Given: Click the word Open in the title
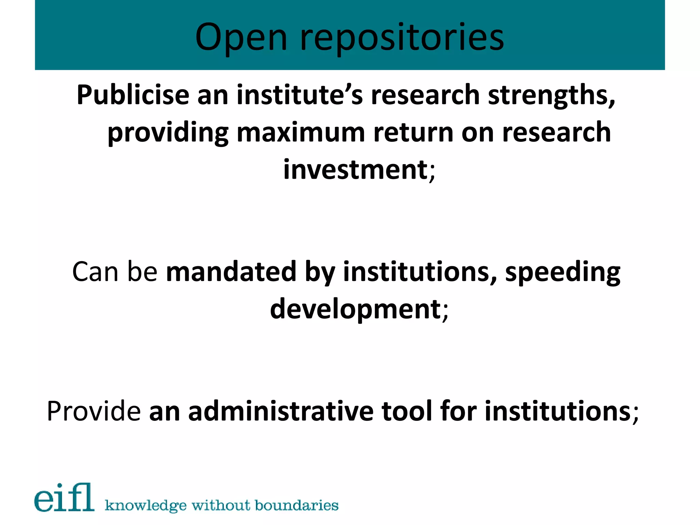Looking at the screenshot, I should pyautogui.click(x=241, y=37).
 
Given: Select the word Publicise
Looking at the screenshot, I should pyautogui.click(x=133, y=95).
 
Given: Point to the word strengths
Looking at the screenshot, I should pyautogui.click(x=551, y=95).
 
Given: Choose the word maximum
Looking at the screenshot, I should pyautogui.click(x=301, y=133).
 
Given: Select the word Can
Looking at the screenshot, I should pyautogui.click(x=95, y=272).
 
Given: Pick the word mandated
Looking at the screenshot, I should pyautogui.click(x=231, y=272).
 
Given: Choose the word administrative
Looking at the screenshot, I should pyautogui.click(x=281, y=411).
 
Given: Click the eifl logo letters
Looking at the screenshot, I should pyautogui.click(x=64, y=498).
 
